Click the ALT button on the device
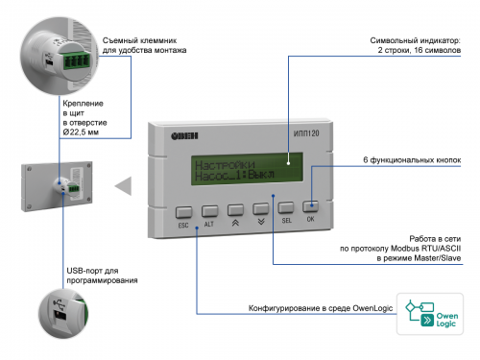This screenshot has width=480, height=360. [210, 211]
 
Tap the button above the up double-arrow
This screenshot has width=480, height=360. [235, 210]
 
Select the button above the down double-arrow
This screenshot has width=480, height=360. [261, 208]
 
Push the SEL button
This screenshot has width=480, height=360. [286, 207]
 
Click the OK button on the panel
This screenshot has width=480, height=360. [310, 206]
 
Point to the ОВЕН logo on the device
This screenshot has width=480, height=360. [184, 136]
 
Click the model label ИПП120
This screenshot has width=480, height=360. [306, 133]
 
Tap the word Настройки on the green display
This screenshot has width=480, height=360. [225, 165]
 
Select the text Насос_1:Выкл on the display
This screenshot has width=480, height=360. [234, 176]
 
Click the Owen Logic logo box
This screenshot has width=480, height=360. [430, 314]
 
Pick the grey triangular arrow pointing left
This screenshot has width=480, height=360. [124, 185]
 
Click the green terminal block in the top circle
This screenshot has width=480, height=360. [77, 60]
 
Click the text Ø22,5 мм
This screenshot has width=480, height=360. [81, 132]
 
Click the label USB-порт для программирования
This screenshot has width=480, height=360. [102, 276]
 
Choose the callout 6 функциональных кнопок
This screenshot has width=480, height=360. [412, 160]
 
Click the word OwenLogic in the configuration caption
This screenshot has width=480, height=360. [372, 308]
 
